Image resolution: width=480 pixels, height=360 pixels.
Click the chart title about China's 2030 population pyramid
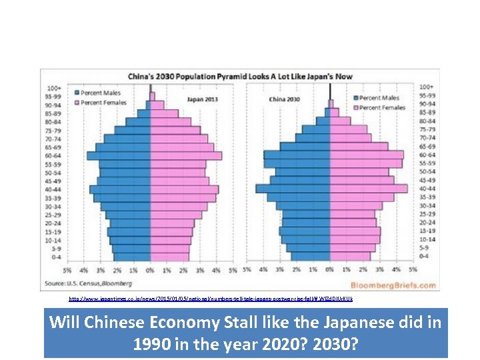[240, 77]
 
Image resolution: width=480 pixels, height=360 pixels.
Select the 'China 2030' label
[285, 99]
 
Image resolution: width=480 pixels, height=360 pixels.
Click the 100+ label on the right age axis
[426, 87]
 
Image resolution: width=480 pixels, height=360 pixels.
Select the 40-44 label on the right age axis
[427, 189]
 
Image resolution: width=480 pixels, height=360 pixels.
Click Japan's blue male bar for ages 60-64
[119, 155]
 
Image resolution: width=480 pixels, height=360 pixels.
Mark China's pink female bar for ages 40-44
[369, 189]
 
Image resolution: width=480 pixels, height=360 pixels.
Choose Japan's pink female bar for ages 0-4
[167, 257]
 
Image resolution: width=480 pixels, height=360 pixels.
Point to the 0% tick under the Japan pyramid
[150, 270]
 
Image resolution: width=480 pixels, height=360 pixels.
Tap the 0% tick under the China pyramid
[330, 270]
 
